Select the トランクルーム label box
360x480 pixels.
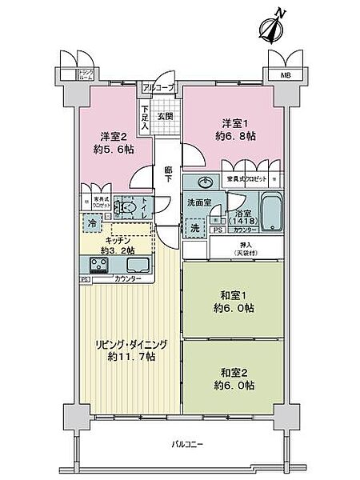click(84, 76)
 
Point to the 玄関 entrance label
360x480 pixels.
click(163, 115)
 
